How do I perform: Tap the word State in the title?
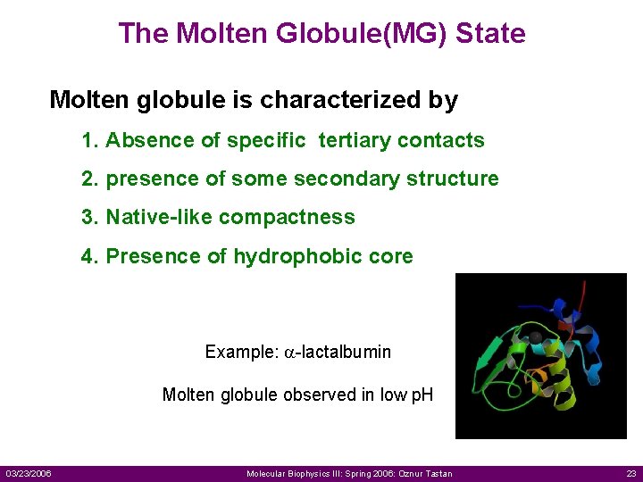click(490, 34)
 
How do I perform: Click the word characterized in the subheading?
click(340, 100)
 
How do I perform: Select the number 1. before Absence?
click(89, 140)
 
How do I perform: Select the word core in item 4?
click(392, 256)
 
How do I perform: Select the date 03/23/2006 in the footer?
click(28, 473)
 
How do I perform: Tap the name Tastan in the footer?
click(438, 473)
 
